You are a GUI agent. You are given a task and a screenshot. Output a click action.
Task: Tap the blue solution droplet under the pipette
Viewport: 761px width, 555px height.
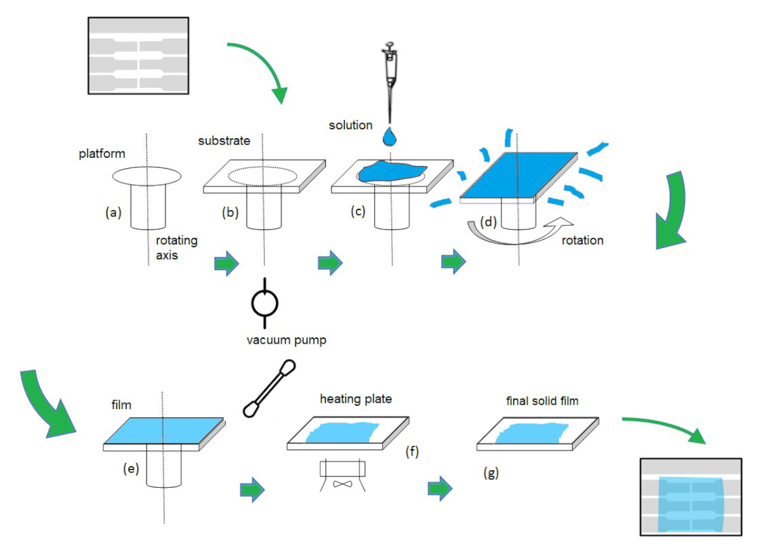point(389,136)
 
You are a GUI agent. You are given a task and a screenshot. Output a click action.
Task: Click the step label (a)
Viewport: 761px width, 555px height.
point(113,213)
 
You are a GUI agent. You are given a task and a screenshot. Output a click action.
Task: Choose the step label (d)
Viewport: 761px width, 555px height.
point(488,223)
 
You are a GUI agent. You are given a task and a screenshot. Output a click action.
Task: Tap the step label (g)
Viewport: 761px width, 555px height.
point(490,472)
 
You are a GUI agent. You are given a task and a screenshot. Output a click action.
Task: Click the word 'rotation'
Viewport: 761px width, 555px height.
point(582,240)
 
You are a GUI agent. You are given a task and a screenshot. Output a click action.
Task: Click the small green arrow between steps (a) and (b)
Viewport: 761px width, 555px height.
point(227,261)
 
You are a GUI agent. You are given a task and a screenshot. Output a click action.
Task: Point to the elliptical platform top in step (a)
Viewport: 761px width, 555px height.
point(147,174)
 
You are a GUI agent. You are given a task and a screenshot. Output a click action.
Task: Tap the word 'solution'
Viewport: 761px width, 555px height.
point(351,125)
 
